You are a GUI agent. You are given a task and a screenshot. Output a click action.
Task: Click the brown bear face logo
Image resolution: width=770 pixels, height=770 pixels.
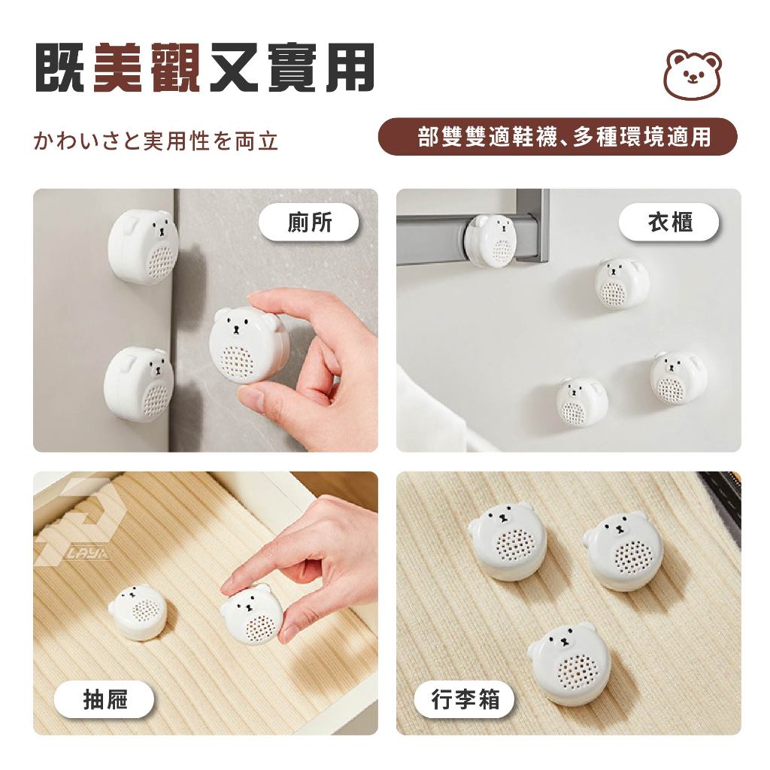[693, 74]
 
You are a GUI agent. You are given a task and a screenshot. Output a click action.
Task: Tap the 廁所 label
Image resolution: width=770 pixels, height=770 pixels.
[309, 223]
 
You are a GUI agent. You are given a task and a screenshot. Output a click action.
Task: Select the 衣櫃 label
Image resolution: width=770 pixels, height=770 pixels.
[668, 223]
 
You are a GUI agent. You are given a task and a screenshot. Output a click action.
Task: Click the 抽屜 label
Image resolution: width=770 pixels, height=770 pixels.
[104, 699]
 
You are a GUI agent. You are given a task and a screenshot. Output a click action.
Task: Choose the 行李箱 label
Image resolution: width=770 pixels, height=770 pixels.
[464, 699]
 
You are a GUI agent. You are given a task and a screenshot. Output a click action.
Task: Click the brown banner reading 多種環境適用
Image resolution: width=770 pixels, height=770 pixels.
[557, 137]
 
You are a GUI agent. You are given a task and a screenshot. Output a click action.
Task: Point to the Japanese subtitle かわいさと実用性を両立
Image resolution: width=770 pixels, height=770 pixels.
[156, 141]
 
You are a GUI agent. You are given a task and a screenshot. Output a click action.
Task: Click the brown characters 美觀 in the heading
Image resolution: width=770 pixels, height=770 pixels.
[146, 68]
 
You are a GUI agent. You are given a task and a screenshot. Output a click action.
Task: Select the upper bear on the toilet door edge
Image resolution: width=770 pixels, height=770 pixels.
[141, 247]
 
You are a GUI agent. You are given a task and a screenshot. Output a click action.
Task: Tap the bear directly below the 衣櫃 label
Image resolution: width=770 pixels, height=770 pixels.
[622, 284]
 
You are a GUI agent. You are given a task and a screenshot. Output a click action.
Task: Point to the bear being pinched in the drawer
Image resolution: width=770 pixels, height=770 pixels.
[251, 615]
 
